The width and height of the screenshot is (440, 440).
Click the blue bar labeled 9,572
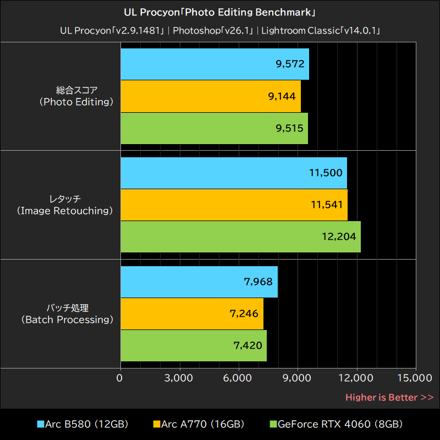[x=215, y=64]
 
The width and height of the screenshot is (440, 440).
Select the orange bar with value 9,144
[x=210, y=96]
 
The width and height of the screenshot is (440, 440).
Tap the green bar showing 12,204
[x=240, y=237]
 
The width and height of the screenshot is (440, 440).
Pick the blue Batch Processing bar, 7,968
[x=199, y=282]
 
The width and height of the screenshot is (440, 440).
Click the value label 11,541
[x=327, y=205]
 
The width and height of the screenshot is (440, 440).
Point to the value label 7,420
[x=248, y=346]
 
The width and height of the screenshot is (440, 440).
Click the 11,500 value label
[x=326, y=173]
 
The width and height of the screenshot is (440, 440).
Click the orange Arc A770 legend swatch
[x=156, y=425]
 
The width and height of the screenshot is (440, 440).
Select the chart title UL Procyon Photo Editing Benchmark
[x=220, y=12]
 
